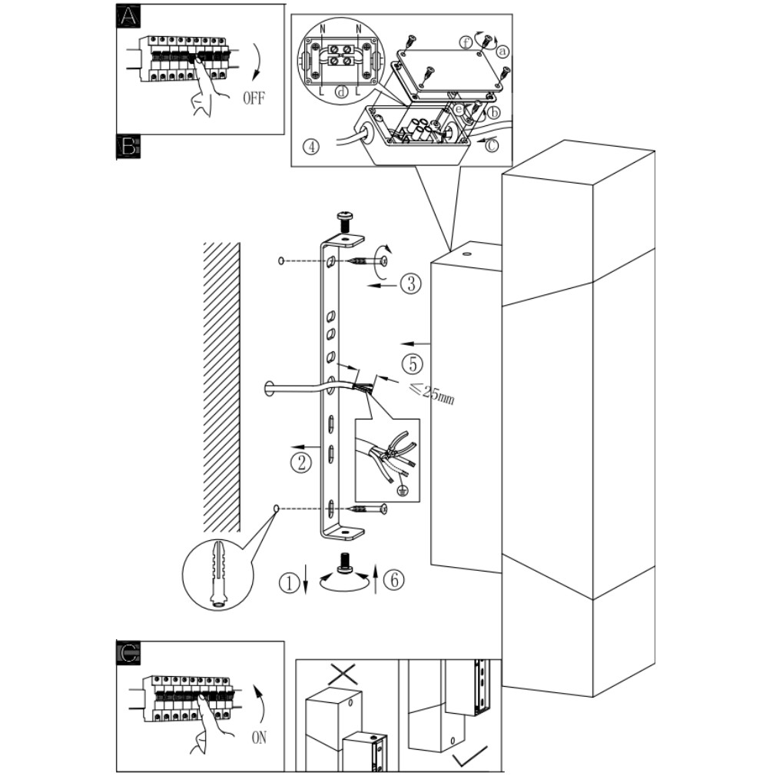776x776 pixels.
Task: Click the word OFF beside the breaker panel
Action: pos(254,98)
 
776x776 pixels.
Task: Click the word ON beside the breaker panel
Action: pos(259,738)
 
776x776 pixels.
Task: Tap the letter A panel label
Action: pos(128,16)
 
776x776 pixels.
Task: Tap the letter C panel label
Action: pos(128,653)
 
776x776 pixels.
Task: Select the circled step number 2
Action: pos(301,463)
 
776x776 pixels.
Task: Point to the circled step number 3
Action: pos(411,284)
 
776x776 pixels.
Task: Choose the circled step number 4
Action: pos(311,147)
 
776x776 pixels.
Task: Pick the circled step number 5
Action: pos(413,363)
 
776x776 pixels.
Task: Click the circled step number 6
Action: pos(394,579)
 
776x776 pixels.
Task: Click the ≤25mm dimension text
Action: pos(431,393)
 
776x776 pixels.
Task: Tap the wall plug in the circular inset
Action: pos(217,575)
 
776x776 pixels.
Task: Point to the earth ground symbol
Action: pos(403,490)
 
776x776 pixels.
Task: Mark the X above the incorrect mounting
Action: pos(346,675)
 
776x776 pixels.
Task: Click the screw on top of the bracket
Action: pos(344,221)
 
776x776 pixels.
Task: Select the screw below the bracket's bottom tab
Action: pos(345,563)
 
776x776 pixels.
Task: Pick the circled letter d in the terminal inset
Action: pos(341,91)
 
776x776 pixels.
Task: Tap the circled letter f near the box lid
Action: pos(466,43)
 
